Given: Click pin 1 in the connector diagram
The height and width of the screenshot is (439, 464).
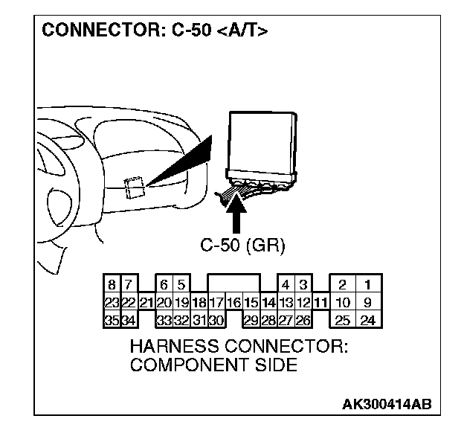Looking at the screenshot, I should point(367,284).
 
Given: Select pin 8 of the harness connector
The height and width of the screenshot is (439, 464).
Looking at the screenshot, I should point(111,284).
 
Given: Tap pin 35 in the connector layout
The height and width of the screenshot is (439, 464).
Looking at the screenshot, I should point(111,321).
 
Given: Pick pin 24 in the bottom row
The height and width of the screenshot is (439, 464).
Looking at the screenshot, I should point(367,321).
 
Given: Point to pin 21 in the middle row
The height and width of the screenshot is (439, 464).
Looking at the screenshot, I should point(146,303).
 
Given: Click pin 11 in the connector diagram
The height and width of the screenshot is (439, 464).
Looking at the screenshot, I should point(320,303).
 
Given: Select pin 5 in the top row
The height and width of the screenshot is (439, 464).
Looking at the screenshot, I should point(181,284).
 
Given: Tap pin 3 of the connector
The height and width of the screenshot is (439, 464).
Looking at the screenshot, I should point(303,284).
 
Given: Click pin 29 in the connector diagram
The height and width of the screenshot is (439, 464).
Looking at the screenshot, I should point(251,321).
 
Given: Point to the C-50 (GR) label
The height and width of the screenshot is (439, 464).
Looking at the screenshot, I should point(242,244).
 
